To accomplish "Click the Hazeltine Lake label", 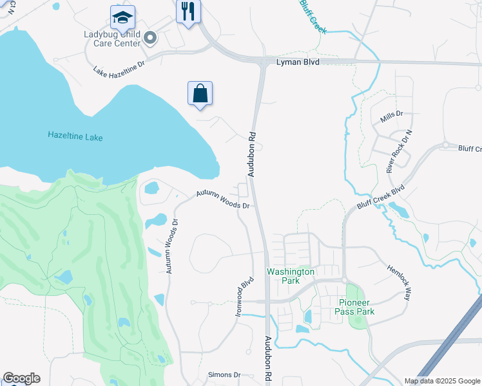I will [x=75, y=136].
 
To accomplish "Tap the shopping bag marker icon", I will [x=200, y=94].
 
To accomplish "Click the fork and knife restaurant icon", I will [x=188, y=12].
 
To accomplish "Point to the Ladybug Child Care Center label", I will [x=111, y=39].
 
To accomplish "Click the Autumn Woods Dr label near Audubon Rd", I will [x=222, y=199].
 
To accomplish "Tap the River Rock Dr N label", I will [x=398, y=154].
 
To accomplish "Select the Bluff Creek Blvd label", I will [x=381, y=198].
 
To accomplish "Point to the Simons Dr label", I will [x=224, y=374].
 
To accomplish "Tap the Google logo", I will [x=21, y=378].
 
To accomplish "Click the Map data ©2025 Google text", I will [x=441, y=381].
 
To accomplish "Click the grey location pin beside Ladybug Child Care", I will [x=150, y=39].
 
